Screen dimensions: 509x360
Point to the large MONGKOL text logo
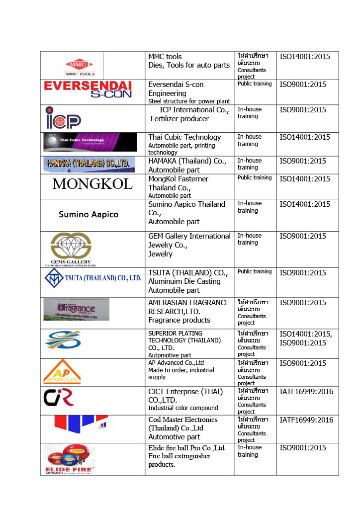(92, 184)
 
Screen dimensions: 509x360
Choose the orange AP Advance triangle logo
(62, 372)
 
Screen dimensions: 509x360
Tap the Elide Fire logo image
(69, 459)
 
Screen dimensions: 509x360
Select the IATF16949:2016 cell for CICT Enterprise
(306, 392)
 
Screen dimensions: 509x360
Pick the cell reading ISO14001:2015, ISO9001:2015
(306, 339)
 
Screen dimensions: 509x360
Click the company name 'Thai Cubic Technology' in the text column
(184, 137)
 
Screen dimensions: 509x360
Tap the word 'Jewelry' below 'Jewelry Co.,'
(160, 254)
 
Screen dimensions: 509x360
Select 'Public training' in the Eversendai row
(255, 84)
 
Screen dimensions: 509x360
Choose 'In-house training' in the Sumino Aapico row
(249, 207)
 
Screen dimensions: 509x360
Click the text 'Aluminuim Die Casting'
(184, 281)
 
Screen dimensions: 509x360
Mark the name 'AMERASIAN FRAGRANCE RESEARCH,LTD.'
(188, 307)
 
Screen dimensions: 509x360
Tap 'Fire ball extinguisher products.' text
(179, 460)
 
